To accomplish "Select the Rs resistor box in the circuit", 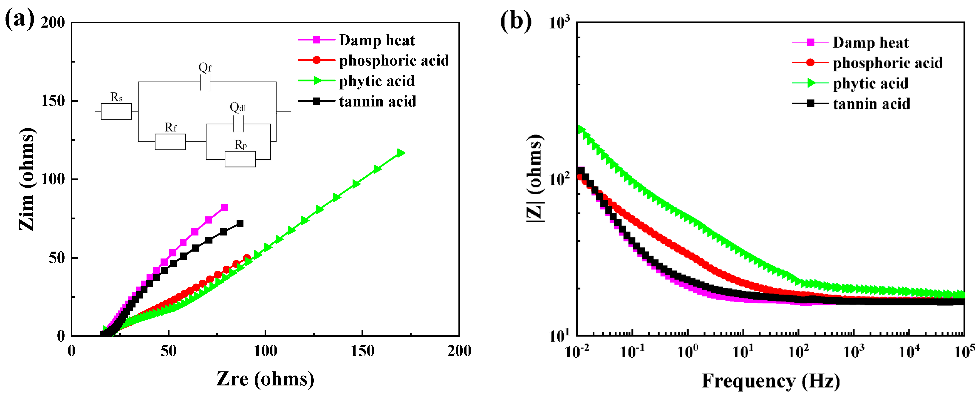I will coord(116,111).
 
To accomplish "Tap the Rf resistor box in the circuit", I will coord(170,142).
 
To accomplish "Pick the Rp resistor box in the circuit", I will coord(240,159).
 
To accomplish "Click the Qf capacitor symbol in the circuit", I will coord(205,82).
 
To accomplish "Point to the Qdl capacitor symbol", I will coord(238,124).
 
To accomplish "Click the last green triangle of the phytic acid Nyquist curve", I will coord(401,153).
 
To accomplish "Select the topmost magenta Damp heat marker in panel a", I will coord(224,207).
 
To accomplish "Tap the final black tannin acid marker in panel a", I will coord(240,224).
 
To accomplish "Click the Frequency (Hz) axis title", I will coord(770,381).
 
